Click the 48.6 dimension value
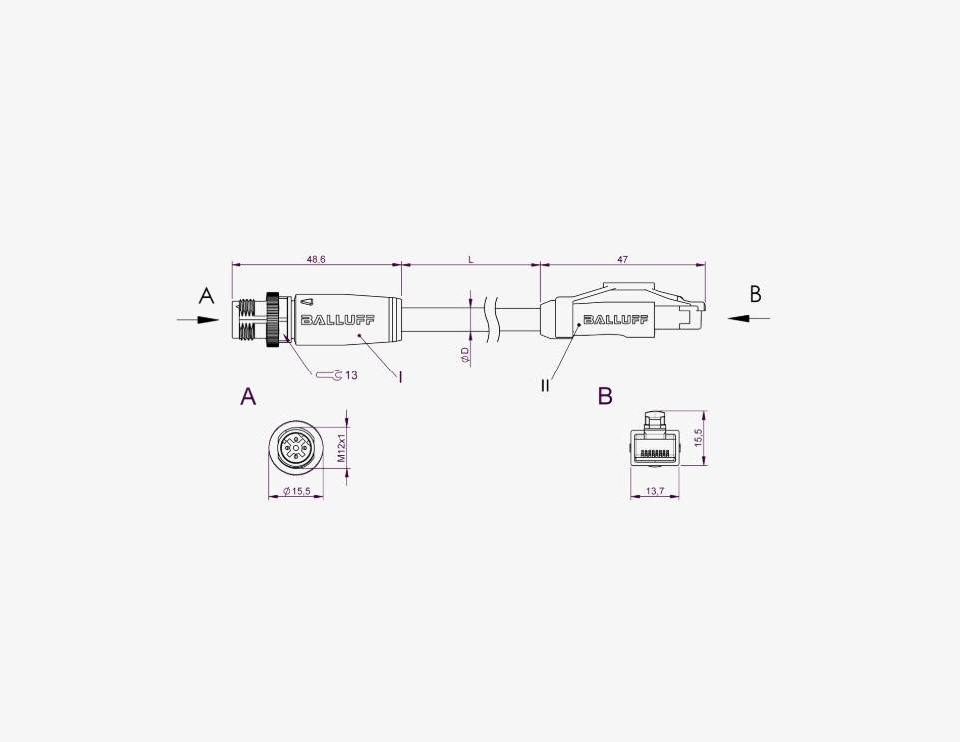316,260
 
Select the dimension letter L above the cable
471,260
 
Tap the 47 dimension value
622,260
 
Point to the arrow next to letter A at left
198,319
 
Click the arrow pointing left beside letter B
749,318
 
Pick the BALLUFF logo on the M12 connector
337,320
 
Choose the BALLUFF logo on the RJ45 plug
616,319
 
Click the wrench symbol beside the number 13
328,374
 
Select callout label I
400,376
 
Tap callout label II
545,385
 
